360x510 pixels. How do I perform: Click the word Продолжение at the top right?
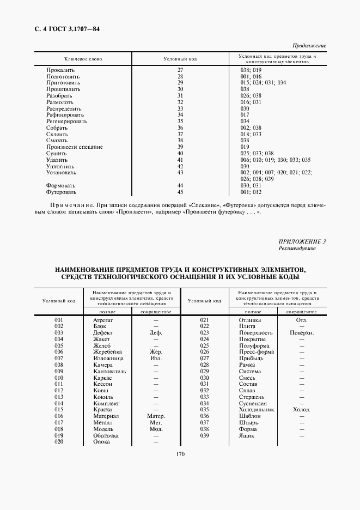[x=309, y=46]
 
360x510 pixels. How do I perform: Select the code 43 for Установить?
[x=180, y=172]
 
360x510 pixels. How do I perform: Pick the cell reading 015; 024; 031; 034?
[x=263, y=83]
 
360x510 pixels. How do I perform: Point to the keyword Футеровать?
[x=62, y=192]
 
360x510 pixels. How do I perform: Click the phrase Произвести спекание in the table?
[x=75, y=147]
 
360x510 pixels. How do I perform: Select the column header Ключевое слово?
[x=83, y=58]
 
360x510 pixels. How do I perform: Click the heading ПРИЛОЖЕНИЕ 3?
[x=302, y=241]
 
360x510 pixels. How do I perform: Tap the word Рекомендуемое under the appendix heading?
[x=297, y=248]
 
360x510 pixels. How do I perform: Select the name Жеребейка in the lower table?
[x=108, y=352]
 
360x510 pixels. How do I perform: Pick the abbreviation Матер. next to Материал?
[x=156, y=416]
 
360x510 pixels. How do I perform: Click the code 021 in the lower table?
[x=205, y=320]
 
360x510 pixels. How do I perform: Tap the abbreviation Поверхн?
[x=301, y=332]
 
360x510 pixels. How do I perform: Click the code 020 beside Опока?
[x=59, y=441]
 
